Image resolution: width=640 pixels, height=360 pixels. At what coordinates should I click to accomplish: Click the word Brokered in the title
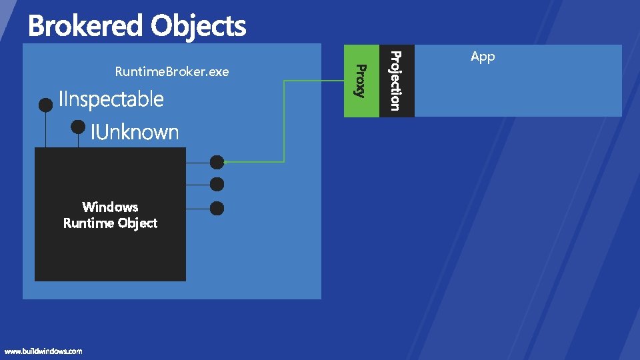tap(86, 27)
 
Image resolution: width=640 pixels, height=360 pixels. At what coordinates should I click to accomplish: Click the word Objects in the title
tap(198, 27)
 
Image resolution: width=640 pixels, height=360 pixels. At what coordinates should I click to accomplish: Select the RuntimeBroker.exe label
tap(171, 71)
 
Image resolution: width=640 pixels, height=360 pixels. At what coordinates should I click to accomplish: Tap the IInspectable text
tap(111, 99)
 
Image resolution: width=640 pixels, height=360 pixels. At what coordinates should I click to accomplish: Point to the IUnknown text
tap(135, 132)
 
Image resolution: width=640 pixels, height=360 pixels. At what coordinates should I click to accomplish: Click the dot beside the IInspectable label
tap(45, 105)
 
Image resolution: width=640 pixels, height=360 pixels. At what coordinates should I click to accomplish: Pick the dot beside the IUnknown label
tap(78, 126)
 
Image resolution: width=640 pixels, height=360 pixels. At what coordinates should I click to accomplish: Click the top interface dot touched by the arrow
tap(217, 162)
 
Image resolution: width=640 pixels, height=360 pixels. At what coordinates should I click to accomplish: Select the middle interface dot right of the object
tap(217, 184)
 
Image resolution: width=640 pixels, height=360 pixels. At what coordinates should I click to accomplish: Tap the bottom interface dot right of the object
tap(217, 208)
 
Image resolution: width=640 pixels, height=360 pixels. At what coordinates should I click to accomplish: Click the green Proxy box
tap(361, 81)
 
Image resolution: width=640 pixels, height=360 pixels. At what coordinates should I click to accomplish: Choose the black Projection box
tap(396, 81)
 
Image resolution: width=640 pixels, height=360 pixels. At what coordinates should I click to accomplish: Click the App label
tap(483, 57)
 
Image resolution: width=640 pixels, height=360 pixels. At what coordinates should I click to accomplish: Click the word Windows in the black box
tap(110, 207)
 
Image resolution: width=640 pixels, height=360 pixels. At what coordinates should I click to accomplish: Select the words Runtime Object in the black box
tap(110, 223)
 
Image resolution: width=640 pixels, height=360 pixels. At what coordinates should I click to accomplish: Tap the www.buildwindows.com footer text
tap(43, 351)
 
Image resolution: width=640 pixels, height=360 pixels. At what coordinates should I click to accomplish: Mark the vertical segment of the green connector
tap(284, 121)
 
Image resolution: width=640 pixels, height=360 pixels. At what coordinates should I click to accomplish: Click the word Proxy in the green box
tap(360, 80)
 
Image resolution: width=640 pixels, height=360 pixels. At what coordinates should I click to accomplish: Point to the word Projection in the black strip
tap(395, 81)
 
